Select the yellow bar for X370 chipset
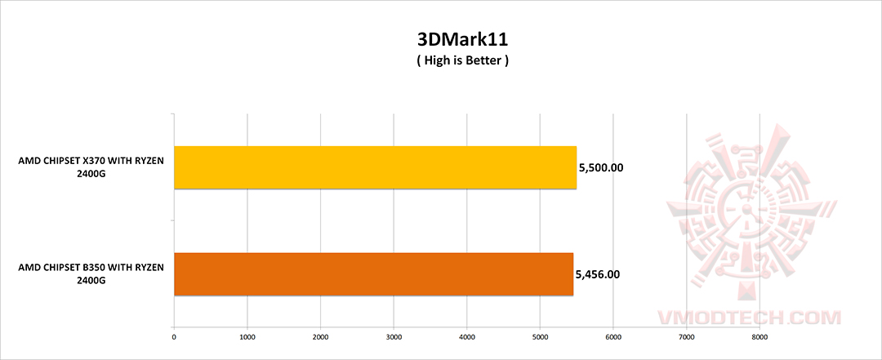pyautogui.click(x=375, y=168)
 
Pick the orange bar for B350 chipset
pyautogui.click(x=373, y=274)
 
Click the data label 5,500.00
pyautogui.click(x=601, y=168)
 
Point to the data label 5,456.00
pyautogui.click(x=598, y=274)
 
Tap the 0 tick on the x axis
pyautogui.click(x=174, y=335)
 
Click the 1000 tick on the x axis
pyautogui.click(x=247, y=335)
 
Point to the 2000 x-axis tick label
pyautogui.click(x=320, y=335)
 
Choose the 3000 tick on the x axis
pyautogui.click(x=394, y=335)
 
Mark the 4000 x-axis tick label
pyautogui.click(x=467, y=335)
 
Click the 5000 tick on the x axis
pyautogui.click(x=540, y=335)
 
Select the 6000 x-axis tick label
pyautogui.click(x=613, y=335)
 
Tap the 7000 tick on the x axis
pyautogui.click(x=687, y=335)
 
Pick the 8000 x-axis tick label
pyautogui.click(x=759, y=335)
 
